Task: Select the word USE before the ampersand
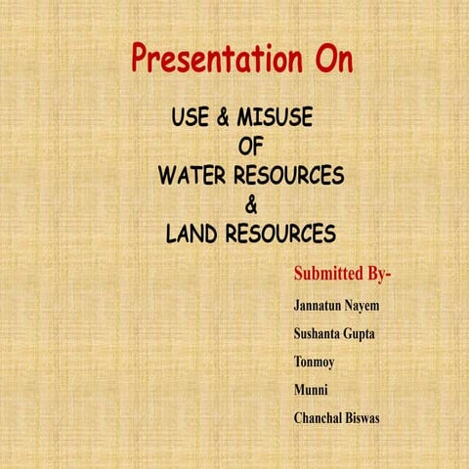192,118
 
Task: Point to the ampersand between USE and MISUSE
224,118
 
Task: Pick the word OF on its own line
252,148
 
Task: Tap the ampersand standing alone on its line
251,206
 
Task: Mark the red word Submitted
330,272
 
